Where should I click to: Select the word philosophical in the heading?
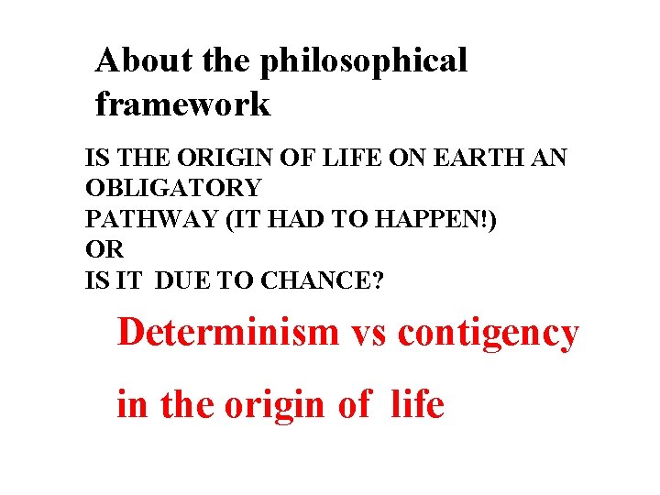[x=364, y=61]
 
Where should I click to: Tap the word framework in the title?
[x=183, y=104]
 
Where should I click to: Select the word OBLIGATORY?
[x=173, y=190]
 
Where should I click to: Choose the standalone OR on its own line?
[x=104, y=250]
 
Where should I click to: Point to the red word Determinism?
[x=228, y=332]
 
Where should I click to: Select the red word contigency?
[x=489, y=334]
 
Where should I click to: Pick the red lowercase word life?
[x=417, y=403]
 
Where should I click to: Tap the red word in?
[x=131, y=403]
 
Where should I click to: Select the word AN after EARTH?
[x=550, y=159]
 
